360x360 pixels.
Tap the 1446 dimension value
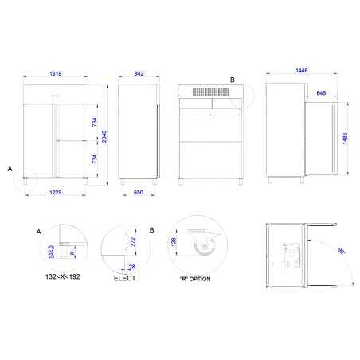pyautogui.click(x=300, y=71)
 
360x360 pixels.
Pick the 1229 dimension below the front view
pyautogui.click(x=54, y=194)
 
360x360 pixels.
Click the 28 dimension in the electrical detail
pyautogui.click(x=131, y=267)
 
